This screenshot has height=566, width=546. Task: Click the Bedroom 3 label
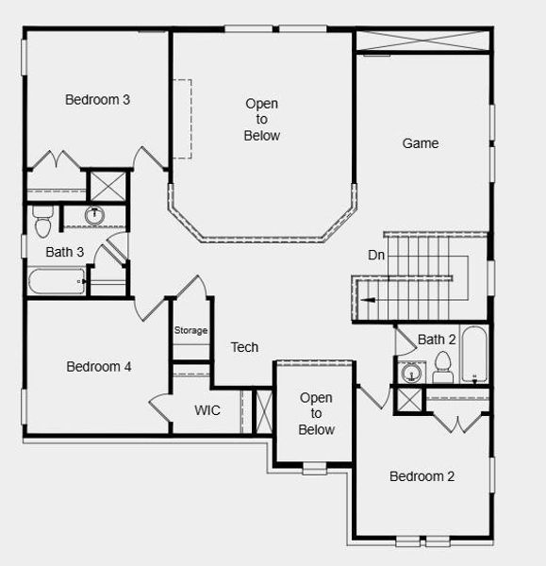point(97,99)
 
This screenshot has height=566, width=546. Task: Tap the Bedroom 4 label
point(98,366)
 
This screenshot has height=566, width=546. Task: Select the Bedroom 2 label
point(422,476)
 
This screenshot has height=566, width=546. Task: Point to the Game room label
point(421,143)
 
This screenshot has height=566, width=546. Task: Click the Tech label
point(244,347)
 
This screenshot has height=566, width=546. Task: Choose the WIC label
point(207,410)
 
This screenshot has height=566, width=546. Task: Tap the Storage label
point(190,330)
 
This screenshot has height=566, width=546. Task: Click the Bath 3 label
point(65,252)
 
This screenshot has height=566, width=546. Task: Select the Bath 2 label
point(437,339)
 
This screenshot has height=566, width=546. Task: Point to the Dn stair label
point(376,256)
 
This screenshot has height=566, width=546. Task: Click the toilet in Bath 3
point(42,224)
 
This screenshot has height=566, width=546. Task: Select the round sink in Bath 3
point(94,216)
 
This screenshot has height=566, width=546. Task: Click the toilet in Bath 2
point(442,367)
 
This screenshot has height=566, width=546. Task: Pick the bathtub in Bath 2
point(474,357)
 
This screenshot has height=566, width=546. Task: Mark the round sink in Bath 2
point(410,375)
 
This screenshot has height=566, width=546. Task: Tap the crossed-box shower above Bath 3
point(106,185)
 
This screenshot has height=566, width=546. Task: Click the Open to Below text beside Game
point(261,120)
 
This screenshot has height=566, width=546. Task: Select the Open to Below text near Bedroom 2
point(316,414)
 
